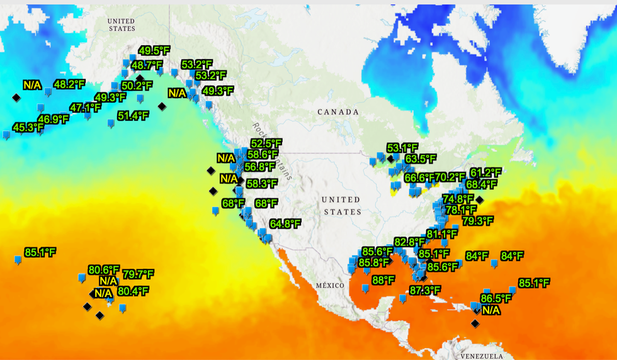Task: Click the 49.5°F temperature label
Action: tap(154, 51)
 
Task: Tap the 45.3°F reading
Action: tap(28, 128)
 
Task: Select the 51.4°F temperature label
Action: tap(133, 116)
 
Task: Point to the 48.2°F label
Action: tap(69, 84)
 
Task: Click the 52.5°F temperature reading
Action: tap(266, 143)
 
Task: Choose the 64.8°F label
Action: tap(285, 223)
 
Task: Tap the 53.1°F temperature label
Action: tap(402, 148)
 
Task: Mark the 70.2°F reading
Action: tap(450, 177)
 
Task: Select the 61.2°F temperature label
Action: tap(485, 172)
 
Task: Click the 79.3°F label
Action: tap(478, 221)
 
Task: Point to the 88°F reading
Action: tap(383, 280)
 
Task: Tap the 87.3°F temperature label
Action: tap(424, 290)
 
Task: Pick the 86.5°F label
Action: tap(495, 298)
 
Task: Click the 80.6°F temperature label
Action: tap(104, 269)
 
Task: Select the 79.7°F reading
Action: tap(138, 274)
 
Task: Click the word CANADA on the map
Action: tap(337, 112)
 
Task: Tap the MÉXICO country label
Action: tap(330, 285)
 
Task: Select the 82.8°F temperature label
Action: tap(409, 242)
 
